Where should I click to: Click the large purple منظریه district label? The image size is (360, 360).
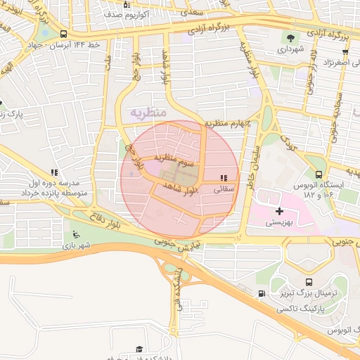[x=148, y=112]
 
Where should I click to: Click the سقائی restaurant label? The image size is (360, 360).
[x=223, y=188]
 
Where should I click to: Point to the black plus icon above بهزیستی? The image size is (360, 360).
[x=280, y=210]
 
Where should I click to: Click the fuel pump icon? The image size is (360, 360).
[x=262, y=293]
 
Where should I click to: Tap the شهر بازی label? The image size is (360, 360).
[x=77, y=246]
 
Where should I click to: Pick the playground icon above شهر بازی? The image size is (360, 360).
[x=76, y=234]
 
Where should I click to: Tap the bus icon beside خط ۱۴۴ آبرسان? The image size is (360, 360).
[x=64, y=34]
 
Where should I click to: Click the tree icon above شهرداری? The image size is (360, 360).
[x=290, y=38]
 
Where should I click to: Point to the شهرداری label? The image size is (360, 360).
[x=290, y=50]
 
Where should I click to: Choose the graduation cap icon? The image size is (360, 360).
[x=139, y=349]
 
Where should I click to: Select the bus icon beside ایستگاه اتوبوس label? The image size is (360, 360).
[x=319, y=174]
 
